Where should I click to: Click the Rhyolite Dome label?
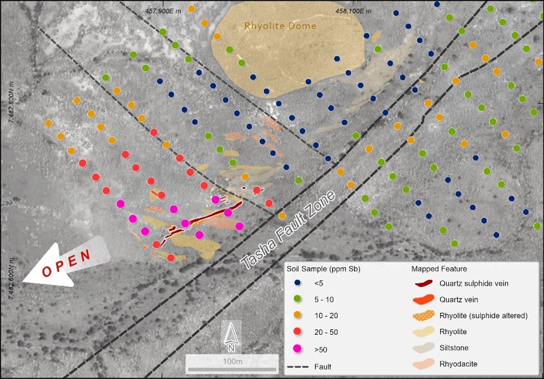pyautogui.click(x=280, y=26)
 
